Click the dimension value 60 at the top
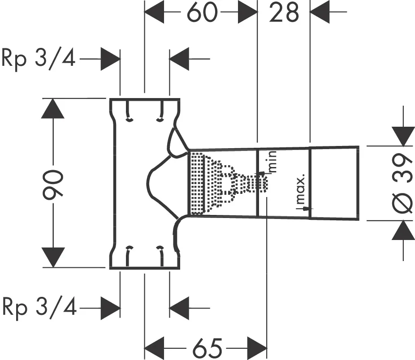[x=200, y=13]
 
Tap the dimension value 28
[x=284, y=13]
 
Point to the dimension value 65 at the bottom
[x=207, y=347]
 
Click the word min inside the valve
[x=272, y=162]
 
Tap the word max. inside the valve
[x=301, y=190]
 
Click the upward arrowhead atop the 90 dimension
[x=53, y=109]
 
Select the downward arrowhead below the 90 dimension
[x=53, y=257]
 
